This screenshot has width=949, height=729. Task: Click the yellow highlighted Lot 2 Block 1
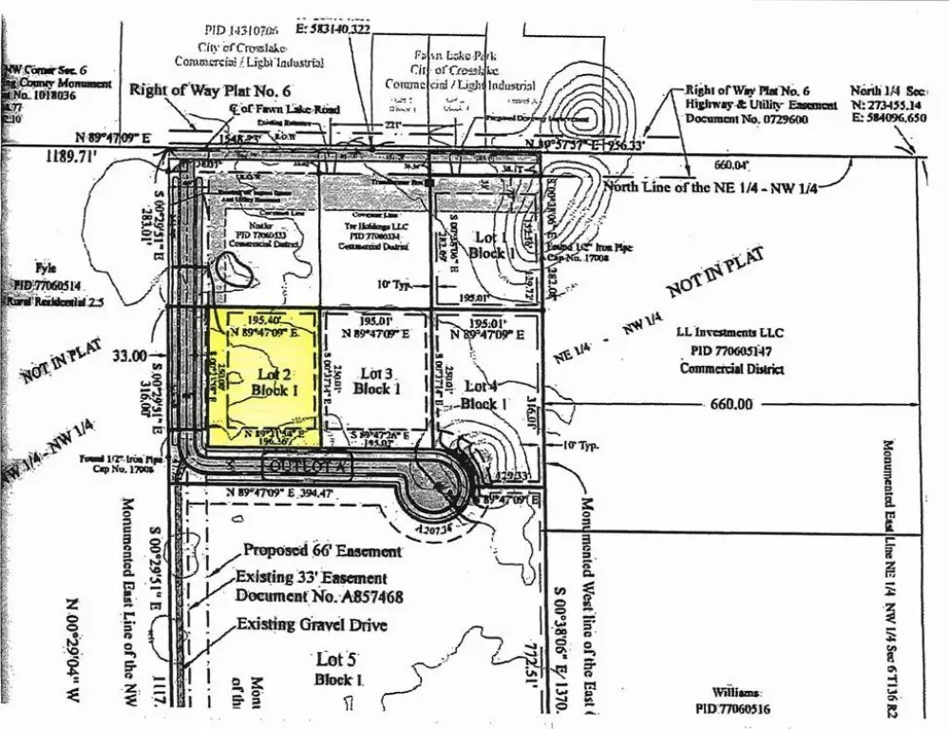263,374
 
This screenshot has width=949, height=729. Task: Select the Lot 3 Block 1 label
376,381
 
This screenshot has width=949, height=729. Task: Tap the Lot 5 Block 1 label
339,669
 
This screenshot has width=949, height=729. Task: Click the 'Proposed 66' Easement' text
322,550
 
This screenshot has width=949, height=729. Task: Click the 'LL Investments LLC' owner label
730,333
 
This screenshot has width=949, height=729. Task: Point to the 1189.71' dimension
72,158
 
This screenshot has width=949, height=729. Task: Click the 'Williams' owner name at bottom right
738,693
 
